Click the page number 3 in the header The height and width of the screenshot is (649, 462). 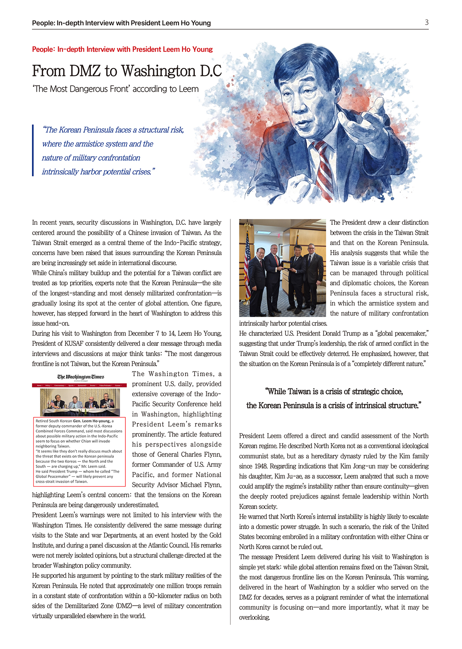pyautogui.click(x=427, y=22)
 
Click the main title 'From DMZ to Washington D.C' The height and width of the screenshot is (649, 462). pyautogui.click(x=127, y=71)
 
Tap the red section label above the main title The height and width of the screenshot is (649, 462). pyautogui.click(x=122, y=49)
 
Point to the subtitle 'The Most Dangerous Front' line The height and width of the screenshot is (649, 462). pyautogui.click(x=115, y=89)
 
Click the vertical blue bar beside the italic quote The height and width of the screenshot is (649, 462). pyautogui.click(x=33, y=150)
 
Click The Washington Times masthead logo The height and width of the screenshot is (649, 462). pyautogui.click(x=81, y=377)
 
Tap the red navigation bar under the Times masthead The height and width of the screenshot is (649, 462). pyautogui.click(x=79, y=385)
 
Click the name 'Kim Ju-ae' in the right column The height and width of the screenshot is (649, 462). pyautogui.click(x=285, y=476)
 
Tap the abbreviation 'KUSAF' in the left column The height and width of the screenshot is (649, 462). pyautogui.click(x=75, y=344)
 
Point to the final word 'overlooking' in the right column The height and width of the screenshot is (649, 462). pyautogui.click(x=254, y=617)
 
